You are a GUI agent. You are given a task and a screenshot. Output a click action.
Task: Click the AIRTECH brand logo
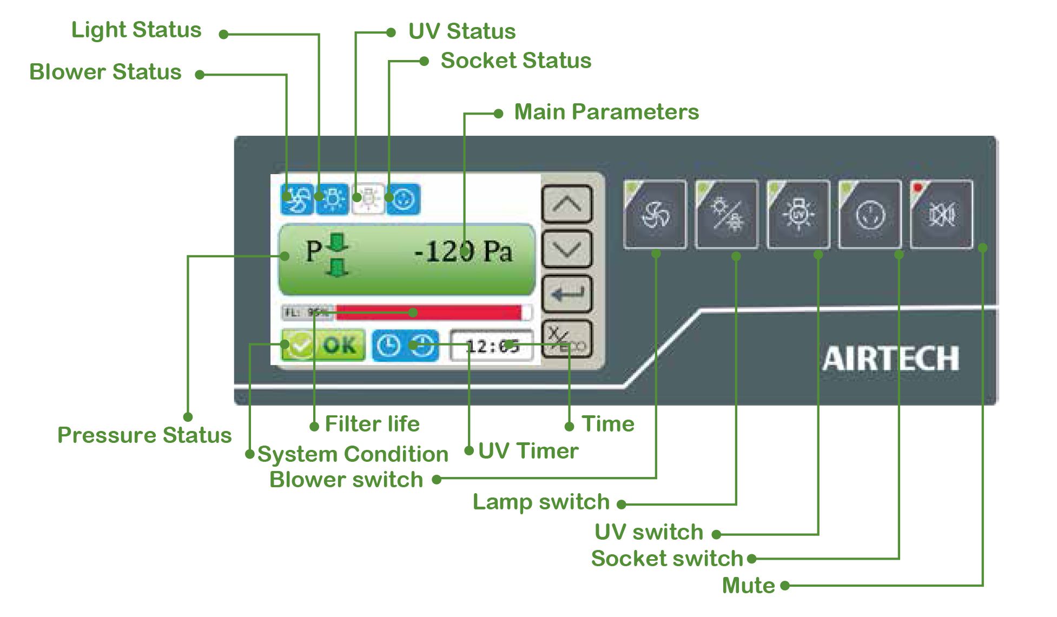890,359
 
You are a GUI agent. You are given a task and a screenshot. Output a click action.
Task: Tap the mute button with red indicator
942,215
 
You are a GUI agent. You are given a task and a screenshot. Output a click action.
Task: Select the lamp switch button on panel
726,215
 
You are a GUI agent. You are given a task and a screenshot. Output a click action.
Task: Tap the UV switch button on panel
798,215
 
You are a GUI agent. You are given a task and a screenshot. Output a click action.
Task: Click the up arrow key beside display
566,204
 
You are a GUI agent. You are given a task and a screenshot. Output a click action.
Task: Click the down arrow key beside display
566,249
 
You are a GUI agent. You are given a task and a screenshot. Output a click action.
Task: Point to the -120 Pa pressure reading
463,252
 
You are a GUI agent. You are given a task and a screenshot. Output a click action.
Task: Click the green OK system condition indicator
323,345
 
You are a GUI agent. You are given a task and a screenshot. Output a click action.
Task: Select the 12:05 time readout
492,346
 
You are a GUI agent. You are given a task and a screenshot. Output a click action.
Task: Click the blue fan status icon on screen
297,200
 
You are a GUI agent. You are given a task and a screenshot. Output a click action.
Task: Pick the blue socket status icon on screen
403,200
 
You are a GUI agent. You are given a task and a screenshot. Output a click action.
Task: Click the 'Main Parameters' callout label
606,112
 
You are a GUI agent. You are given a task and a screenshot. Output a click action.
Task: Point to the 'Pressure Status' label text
144,435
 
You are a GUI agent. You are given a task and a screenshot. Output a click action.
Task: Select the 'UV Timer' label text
528,451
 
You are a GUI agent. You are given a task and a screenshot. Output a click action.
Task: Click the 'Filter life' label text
372,424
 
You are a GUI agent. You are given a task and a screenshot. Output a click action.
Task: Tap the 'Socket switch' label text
667,559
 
